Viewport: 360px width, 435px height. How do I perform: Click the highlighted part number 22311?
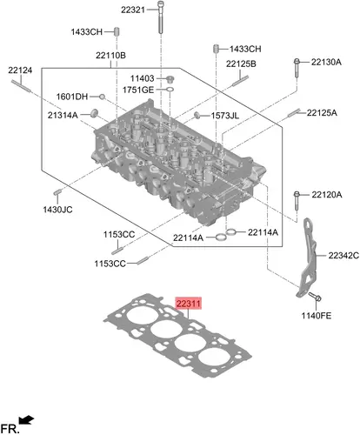pos(189,304)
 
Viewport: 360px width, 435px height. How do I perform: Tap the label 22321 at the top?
pos(133,10)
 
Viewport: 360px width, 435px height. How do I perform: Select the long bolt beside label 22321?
pos(161,17)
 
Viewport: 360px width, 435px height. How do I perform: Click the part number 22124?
pos(20,70)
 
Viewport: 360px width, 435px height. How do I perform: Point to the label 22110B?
pos(110,55)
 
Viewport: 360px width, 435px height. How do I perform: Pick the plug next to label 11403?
pos(170,79)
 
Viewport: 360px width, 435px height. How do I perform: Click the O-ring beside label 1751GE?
pos(170,90)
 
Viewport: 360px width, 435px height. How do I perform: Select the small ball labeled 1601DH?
pos(102,97)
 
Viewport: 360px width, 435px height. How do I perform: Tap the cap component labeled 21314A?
pos(95,113)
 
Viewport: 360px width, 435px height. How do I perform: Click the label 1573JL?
pos(225,116)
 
